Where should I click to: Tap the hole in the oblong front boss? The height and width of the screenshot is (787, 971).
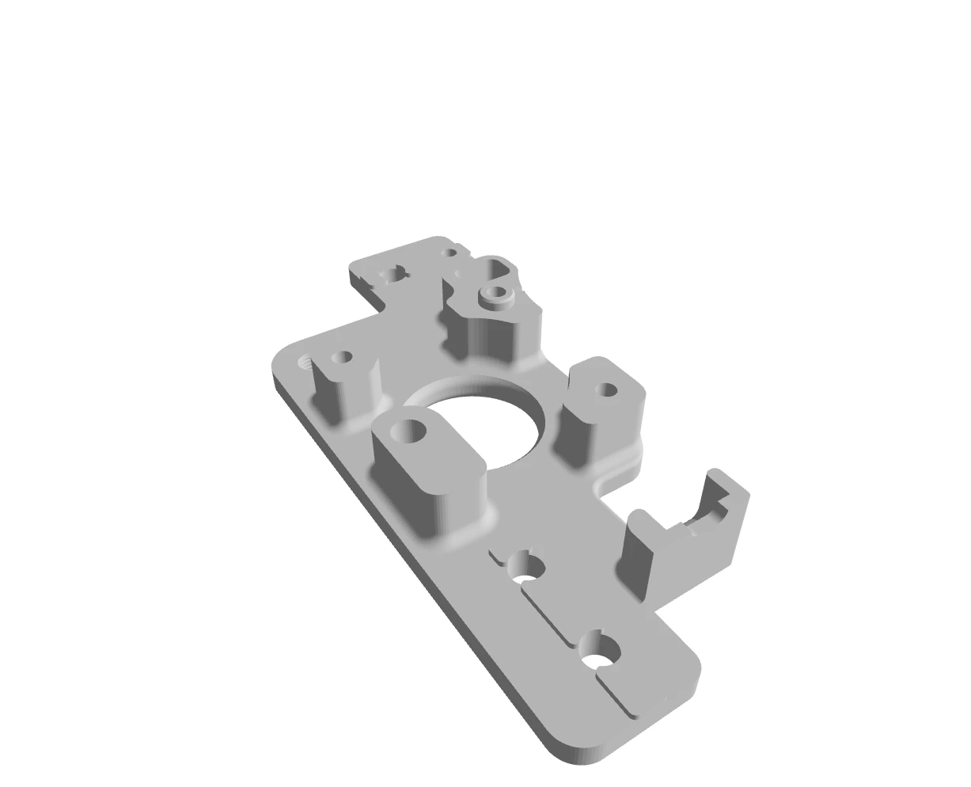[412, 431]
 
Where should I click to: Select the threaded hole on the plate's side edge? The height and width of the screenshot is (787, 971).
[305, 363]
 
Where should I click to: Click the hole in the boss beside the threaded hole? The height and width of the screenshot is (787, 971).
[345, 356]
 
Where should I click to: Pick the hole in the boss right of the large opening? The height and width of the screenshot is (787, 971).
[607, 390]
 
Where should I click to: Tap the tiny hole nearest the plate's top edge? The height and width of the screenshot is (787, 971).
[450, 253]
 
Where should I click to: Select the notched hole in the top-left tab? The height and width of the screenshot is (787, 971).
[393, 275]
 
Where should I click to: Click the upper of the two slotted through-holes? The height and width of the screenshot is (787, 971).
[526, 568]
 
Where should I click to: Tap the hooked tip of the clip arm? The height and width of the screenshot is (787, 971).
[721, 499]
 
